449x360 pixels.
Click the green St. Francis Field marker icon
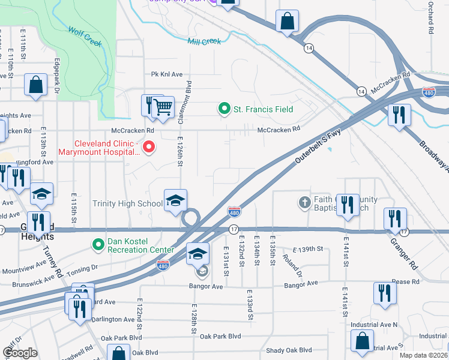(x=224, y=109)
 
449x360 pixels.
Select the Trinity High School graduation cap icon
(x=175, y=200)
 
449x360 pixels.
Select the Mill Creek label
(x=204, y=41)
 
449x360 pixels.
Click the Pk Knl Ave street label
(x=167, y=74)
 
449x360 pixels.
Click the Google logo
(x=20, y=353)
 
